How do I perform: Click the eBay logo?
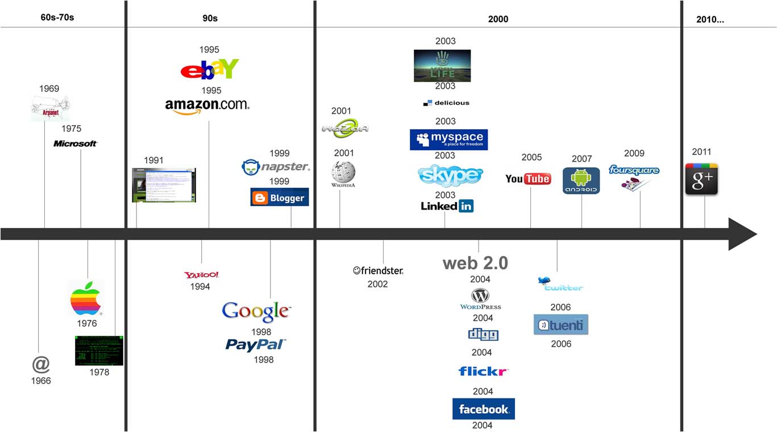pyautogui.click(x=209, y=69)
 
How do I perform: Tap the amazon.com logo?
pyautogui.click(x=207, y=105)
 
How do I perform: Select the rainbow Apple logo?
pyautogui.click(x=85, y=298)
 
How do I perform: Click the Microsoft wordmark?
pyautogui.click(x=75, y=143)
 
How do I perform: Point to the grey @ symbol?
pyautogui.click(x=41, y=364)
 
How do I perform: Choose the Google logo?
pyautogui.click(x=256, y=311)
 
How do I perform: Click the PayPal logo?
pyautogui.click(x=255, y=344)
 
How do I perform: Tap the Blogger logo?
pyautogui.click(x=280, y=198)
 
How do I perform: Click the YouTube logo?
pyautogui.click(x=528, y=179)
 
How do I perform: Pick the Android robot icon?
pyautogui.click(x=581, y=180)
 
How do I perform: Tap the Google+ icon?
pyautogui.click(x=701, y=179)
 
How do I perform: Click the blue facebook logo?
pyautogui.click(x=483, y=409)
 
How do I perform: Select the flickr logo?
pyautogui.click(x=483, y=372)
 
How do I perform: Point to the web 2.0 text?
pyautogui.click(x=475, y=263)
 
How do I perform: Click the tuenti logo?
pyautogui.click(x=560, y=325)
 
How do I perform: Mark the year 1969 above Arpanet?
pyautogui.click(x=49, y=89)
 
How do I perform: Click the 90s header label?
pyautogui.click(x=210, y=18)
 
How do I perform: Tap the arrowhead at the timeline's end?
pyautogui.click(x=742, y=234)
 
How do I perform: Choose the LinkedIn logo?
pyautogui.click(x=447, y=206)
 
